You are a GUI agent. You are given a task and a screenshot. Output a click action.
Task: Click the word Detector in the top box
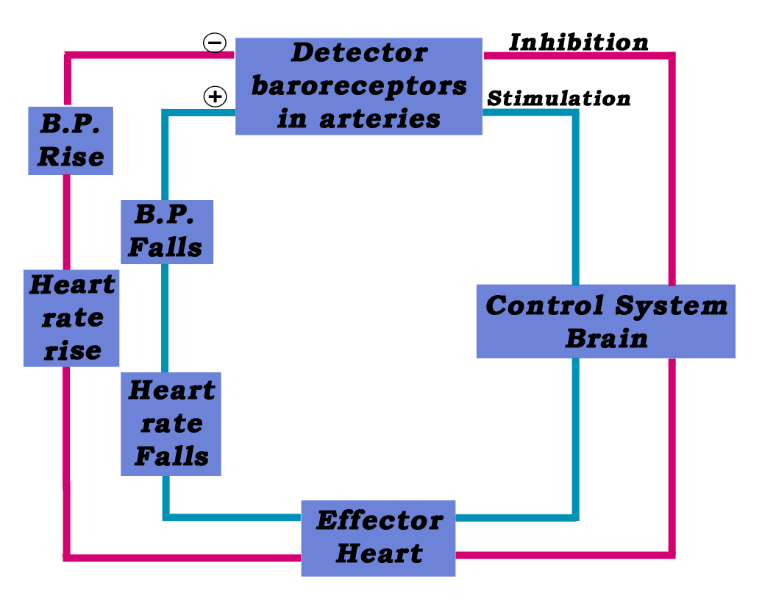pos(359,53)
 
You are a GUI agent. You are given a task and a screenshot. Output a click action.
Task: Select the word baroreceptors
pos(359,85)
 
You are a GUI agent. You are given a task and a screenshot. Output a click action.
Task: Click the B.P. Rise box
pos(71,141)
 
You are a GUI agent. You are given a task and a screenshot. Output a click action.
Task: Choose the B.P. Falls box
pos(167,232)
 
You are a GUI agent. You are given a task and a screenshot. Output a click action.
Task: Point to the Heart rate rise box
pos(71,317)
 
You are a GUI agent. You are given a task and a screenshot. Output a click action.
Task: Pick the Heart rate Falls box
pos(171,424)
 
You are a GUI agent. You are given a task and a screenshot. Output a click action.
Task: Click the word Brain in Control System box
pos(606,338)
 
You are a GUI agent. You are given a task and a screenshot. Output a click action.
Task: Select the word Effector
pos(380,520)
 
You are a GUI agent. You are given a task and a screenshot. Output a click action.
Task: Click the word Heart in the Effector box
pos(380,553)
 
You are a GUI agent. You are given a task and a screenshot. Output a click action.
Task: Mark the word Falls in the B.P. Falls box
pos(165,247)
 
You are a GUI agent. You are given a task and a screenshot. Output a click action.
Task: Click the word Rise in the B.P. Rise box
pos(71,157)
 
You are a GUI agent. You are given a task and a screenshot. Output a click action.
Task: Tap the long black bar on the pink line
pos(578,42)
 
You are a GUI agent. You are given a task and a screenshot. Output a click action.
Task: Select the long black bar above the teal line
pos(558,98)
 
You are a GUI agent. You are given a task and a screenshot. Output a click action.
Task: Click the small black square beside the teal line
pos(215,96)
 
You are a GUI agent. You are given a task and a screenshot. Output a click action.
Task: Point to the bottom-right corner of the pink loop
pos(671,553)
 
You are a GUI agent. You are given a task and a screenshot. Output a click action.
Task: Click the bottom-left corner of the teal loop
pos(165,517)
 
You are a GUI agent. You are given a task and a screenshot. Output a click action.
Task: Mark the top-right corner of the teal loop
pos(575,113)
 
